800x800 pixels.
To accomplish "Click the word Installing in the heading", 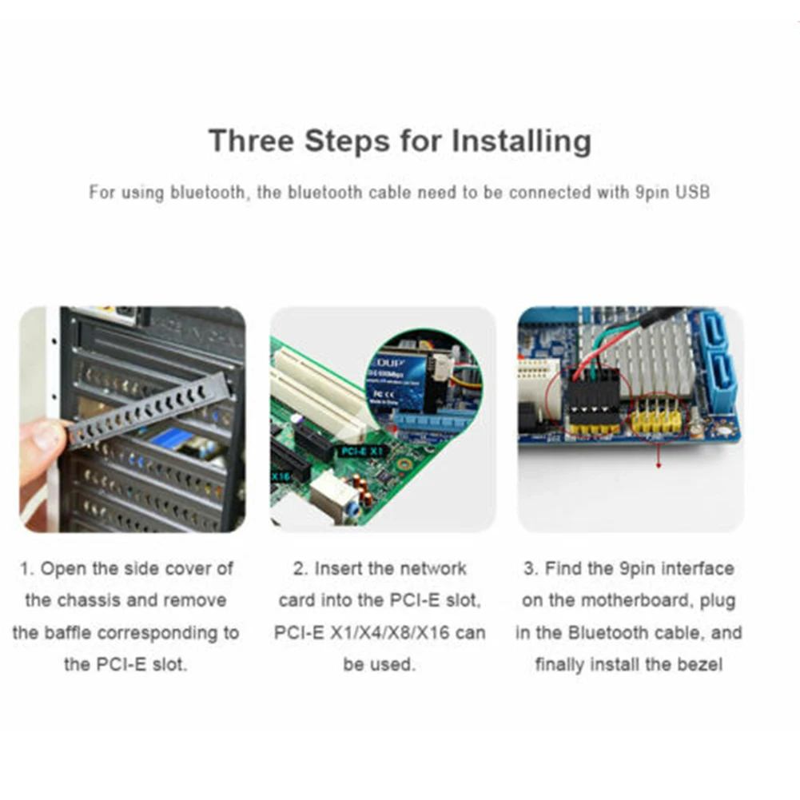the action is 521,141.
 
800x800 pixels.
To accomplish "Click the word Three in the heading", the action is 251,141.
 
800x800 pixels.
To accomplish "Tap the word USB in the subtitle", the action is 692,193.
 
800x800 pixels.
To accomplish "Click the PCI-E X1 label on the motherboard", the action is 362,452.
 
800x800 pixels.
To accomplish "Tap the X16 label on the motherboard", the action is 280,476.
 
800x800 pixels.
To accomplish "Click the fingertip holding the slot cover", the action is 43,436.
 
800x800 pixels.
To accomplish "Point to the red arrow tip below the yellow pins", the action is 659,465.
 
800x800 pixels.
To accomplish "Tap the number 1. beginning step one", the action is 26,569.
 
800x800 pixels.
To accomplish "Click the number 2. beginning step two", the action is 300,569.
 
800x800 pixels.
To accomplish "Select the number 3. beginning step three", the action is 530,569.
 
